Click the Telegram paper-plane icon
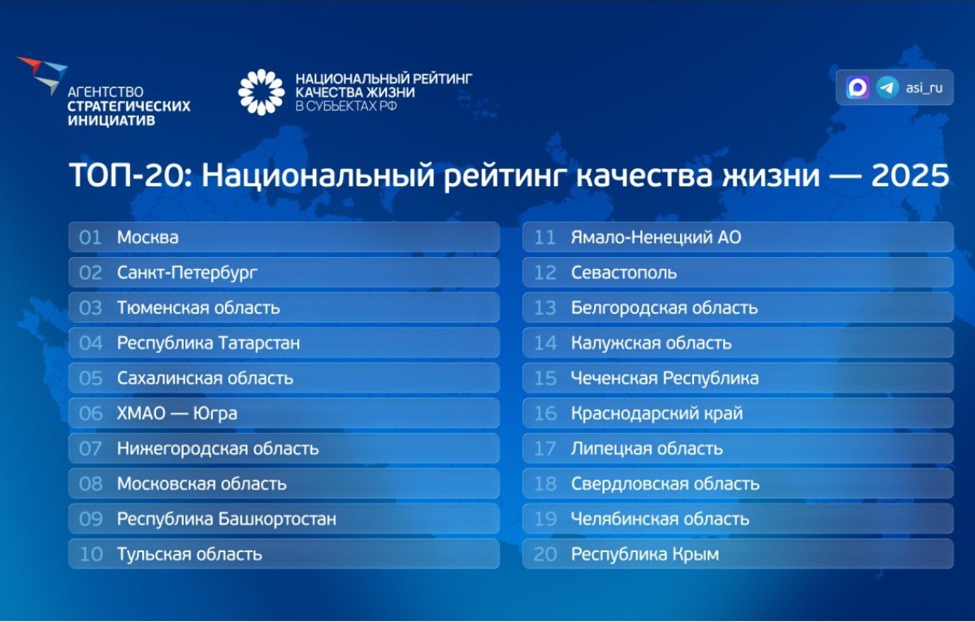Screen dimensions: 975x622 click(x=887, y=88)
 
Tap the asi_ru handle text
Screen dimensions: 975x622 click(x=924, y=88)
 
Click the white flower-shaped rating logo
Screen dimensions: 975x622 click(x=261, y=93)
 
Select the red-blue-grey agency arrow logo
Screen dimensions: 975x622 click(x=42, y=75)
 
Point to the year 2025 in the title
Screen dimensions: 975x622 click(x=910, y=176)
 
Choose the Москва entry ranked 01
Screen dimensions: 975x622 click(x=148, y=237)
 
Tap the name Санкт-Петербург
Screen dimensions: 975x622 click(x=187, y=273)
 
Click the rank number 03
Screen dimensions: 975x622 click(x=90, y=308)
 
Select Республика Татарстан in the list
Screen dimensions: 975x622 click(x=209, y=343)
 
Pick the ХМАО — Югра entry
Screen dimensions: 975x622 click(x=177, y=413)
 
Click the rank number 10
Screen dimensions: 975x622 click(x=91, y=554)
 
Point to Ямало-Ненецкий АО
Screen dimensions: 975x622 click(x=656, y=237)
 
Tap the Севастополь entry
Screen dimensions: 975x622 click(x=624, y=273)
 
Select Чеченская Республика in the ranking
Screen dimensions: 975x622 click(x=665, y=379)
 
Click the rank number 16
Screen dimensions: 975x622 click(x=545, y=413)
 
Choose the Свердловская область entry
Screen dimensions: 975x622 click(x=665, y=484)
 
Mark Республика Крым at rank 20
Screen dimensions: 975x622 click(x=645, y=555)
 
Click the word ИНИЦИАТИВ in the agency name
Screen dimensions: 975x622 click(x=111, y=120)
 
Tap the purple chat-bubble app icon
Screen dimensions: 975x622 click(x=857, y=88)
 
